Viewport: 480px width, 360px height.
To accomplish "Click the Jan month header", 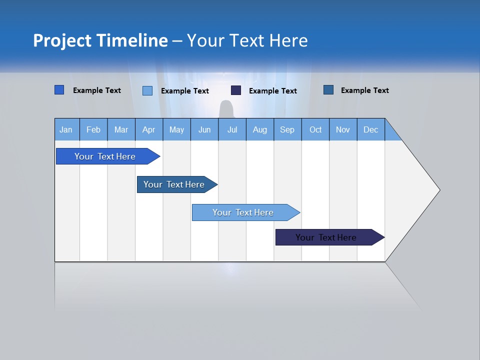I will click(x=66, y=130).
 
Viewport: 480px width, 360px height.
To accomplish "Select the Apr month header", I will click(x=148, y=130).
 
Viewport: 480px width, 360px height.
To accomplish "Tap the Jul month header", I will click(x=232, y=130).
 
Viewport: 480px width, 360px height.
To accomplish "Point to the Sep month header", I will click(x=287, y=130).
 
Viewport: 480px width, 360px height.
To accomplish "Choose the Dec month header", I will click(x=370, y=130).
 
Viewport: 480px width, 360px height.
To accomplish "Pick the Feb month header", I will click(x=93, y=130).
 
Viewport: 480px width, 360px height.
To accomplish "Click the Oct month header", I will click(x=315, y=130).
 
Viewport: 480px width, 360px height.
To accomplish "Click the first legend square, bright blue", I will click(x=59, y=90).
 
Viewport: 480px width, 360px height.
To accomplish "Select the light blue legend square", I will click(x=147, y=90).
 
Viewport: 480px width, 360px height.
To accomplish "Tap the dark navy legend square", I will click(x=236, y=90).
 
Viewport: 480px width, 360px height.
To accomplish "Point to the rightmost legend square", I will click(x=328, y=90).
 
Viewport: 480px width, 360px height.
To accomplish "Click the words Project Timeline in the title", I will click(x=100, y=40).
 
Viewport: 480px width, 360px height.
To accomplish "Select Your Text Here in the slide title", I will click(x=247, y=40).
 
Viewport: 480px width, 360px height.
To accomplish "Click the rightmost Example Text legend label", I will click(x=364, y=90).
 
